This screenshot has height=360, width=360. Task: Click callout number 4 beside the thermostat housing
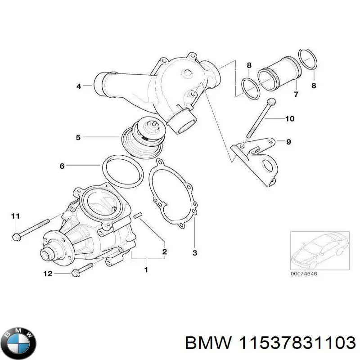78,86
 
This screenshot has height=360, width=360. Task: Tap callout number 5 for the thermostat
78,137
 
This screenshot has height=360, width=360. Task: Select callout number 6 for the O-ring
62,166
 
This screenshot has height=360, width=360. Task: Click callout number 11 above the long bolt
16,216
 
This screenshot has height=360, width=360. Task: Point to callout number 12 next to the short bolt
48,273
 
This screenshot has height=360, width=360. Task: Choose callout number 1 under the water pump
146,270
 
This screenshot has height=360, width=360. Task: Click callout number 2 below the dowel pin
165,251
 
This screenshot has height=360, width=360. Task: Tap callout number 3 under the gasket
194,253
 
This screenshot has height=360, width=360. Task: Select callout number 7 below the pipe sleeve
296,94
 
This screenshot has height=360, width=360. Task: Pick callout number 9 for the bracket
288,142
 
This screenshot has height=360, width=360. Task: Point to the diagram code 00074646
303,274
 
